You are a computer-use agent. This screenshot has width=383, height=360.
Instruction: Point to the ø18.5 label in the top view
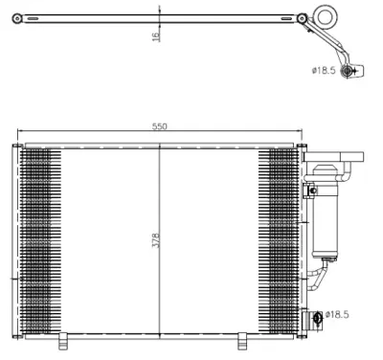tap(324, 69)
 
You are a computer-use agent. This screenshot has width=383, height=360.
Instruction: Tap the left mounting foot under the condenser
tap(63, 340)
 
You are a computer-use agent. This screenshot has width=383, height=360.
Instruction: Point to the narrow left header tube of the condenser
tap(14, 239)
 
